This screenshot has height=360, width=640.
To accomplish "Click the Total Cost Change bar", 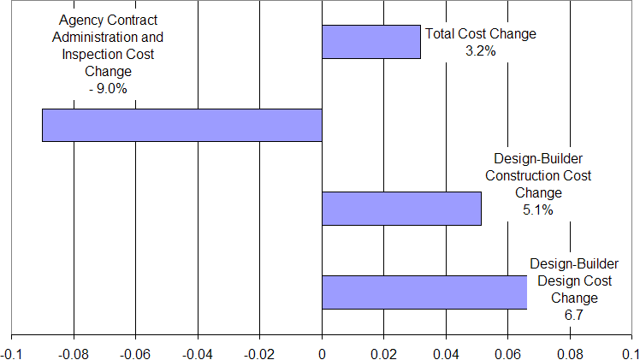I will click(370, 42).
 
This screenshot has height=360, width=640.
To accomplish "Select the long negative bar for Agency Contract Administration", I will click(181, 125).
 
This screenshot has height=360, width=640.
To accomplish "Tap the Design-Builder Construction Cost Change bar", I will click(401, 209).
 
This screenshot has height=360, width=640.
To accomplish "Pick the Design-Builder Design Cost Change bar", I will click(424, 292).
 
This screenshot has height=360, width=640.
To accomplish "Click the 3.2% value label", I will click(481, 50).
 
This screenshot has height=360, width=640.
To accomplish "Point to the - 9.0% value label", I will click(107, 88).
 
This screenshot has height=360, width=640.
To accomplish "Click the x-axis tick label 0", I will click(322, 351).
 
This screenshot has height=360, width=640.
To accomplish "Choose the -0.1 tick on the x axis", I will click(12, 351).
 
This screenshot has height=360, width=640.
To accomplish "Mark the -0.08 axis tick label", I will click(73, 351).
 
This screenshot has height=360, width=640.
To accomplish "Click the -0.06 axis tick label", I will click(135, 351).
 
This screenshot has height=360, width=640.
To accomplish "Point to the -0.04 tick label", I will click(197, 351).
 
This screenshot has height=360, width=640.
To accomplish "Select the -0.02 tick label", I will click(259, 351).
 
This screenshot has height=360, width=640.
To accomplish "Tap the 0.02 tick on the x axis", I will click(384, 351).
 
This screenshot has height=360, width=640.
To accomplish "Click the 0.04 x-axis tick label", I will click(446, 351).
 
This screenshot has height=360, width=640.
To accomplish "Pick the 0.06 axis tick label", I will click(508, 351).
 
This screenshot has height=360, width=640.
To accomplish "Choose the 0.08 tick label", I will click(570, 351).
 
